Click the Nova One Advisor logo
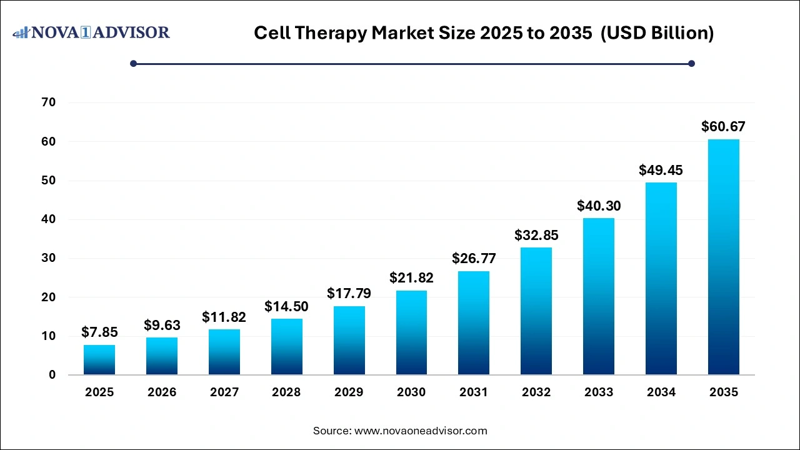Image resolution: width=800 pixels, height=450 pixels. [92, 32]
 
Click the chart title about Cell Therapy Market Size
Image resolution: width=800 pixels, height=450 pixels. [483, 33]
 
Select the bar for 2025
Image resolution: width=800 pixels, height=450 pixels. [99, 359]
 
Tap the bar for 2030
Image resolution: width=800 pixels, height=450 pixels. [411, 332]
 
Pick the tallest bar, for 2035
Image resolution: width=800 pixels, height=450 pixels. [723, 257]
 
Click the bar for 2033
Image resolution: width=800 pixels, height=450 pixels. [599, 296]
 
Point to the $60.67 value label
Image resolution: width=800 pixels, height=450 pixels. [723, 127]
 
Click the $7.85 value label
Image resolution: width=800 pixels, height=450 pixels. [99, 332]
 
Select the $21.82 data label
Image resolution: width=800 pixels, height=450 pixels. [411, 277]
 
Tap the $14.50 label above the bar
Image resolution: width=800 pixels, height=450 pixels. [286, 306]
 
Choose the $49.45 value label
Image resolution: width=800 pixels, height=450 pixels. [661, 170]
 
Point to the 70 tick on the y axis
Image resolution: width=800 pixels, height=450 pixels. [49, 102]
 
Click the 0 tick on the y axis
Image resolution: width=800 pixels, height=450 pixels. [52, 375]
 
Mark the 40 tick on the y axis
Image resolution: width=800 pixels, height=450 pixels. [49, 219]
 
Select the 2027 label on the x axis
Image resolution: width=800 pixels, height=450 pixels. [224, 392]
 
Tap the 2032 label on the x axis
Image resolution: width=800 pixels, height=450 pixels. [536, 392]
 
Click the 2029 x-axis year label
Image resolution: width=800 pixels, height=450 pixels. [349, 392]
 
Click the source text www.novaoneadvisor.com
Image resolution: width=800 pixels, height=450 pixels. [400, 431]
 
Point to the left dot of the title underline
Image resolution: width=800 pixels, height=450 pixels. [133, 63]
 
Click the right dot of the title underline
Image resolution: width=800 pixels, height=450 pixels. [691, 63]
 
